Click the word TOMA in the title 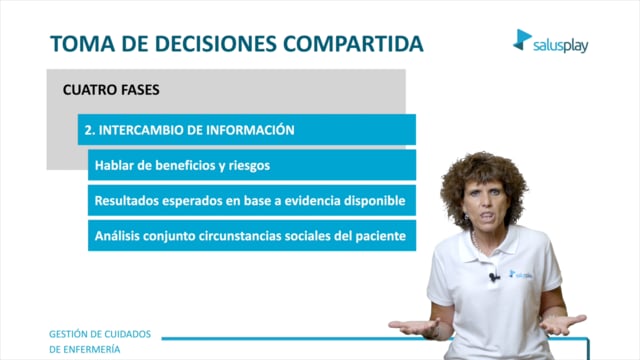pos(82,44)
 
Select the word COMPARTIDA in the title pos(353,44)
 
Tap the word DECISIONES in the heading pos(216,44)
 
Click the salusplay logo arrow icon pos(522,40)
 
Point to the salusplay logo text pos(560,46)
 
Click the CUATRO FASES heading pos(111,90)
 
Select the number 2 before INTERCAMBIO pos(88,130)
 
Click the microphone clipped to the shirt pos(493,277)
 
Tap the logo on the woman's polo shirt pos(520,274)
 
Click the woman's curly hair pos(484,176)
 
